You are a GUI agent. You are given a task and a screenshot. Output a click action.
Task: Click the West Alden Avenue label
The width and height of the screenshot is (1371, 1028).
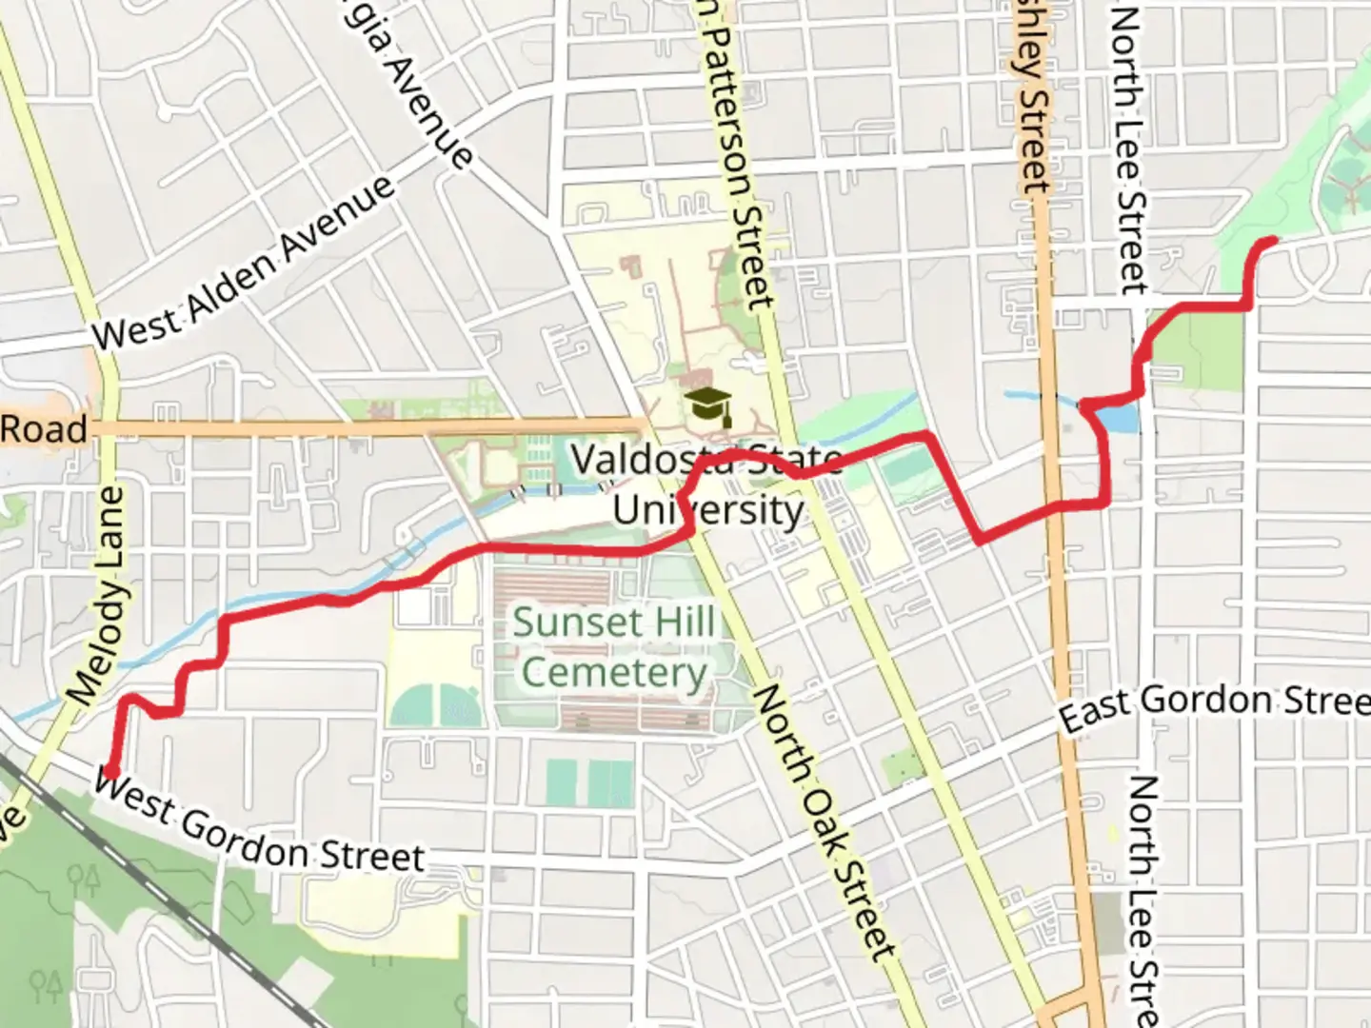click(244, 263)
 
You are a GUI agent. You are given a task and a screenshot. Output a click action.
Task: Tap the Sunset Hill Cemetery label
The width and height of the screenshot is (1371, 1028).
click(614, 647)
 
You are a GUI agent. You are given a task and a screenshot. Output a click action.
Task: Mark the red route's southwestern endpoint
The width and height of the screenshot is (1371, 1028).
click(111, 770)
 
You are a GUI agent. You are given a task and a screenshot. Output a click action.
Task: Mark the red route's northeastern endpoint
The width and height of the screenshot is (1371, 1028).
click(1272, 241)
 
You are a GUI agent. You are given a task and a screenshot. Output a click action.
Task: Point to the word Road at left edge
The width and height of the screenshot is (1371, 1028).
click(44, 429)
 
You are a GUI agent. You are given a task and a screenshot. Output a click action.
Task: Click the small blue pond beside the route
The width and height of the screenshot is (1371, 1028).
click(1123, 417)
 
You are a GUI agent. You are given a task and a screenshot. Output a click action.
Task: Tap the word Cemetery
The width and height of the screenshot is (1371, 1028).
click(614, 672)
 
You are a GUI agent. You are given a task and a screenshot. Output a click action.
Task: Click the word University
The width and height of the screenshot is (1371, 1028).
click(708, 510)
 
